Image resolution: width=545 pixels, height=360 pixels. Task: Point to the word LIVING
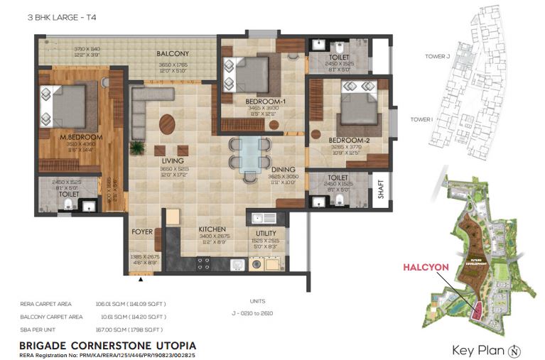(173, 161)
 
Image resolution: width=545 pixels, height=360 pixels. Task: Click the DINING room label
(284, 169)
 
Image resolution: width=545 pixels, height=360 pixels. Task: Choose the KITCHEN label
(212, 229)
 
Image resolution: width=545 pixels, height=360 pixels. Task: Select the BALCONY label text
(173, 54)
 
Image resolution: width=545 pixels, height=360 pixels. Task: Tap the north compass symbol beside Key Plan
(515, 350)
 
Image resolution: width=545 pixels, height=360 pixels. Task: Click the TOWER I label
(421, 119)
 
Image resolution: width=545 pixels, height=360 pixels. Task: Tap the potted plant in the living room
(136, 147)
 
